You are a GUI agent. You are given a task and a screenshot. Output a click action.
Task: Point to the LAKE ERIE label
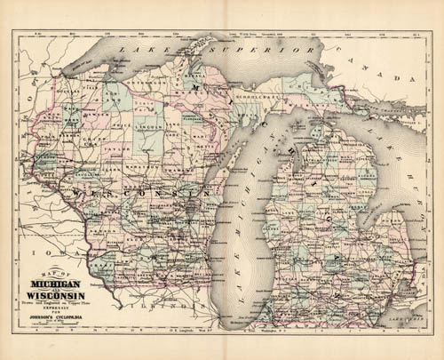(x=410, y=316)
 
